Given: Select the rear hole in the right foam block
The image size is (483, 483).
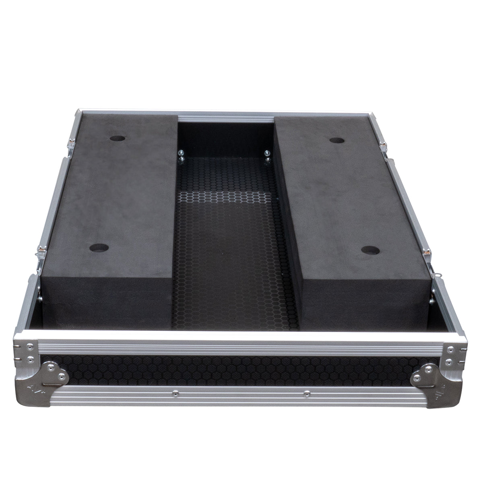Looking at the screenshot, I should tap(336, 140).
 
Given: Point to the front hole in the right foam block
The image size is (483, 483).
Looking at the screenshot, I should tap(370, 250).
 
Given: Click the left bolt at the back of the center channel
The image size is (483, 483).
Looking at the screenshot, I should tap(181, 154).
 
